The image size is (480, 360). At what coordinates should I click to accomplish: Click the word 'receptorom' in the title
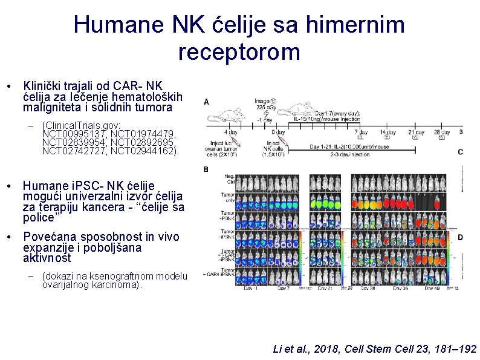click(x=239, y=52)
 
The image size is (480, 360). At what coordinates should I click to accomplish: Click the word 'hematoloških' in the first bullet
click(x=152, y=97)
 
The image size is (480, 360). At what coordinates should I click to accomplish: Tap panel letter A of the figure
click(x=207, y=102)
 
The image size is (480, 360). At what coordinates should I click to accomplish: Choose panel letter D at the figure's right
click(x=460, y=238)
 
